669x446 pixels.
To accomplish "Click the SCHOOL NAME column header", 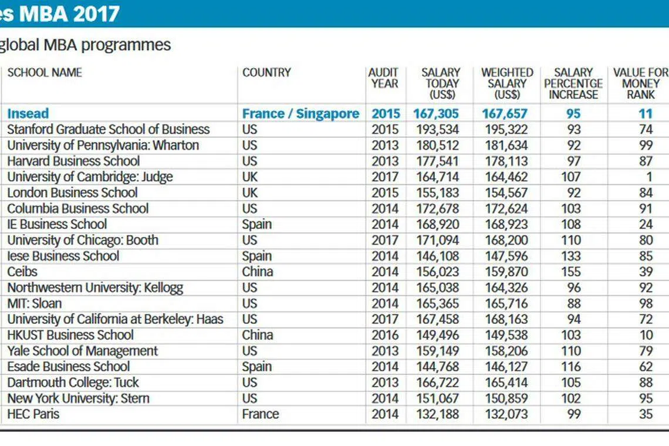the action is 45,73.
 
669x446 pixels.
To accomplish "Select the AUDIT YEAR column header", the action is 384,78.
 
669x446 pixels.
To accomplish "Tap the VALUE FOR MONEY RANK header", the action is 640,84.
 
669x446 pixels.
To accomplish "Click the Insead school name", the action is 28,113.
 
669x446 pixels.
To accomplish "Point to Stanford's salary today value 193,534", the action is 437,129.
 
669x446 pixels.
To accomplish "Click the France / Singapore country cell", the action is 301,113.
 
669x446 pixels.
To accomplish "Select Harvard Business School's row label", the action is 73,161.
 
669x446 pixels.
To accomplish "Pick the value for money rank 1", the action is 649,177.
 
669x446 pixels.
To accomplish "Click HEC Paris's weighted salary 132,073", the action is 506,414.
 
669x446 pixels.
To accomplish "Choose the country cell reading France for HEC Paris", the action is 260,414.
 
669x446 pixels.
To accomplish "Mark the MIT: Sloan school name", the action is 35,303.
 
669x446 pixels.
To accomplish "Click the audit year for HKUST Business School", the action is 385,335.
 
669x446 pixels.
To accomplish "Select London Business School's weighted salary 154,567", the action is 506,192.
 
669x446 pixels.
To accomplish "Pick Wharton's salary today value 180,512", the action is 437,145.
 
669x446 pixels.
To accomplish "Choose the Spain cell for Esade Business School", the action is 256,367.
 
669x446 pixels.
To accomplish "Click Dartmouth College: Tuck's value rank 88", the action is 646,383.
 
